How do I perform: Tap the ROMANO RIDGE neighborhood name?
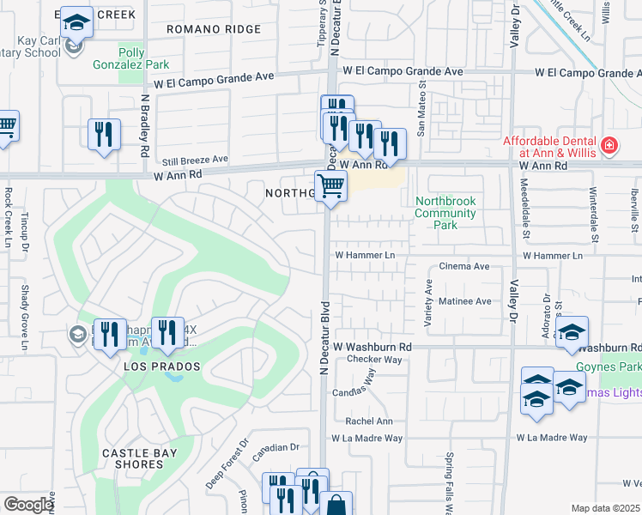click(215, 29)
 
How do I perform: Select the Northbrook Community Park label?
click(445, 213)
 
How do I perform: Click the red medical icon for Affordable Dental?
click(609, 146)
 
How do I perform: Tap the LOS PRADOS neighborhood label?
click(161, 367)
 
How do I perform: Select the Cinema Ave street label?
click(464, 267)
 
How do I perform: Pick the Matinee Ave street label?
click(464, 301)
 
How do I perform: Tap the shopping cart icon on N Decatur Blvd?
click(331, 185)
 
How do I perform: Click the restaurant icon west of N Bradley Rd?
click(104, 134)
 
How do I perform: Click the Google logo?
click(28, 505)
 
